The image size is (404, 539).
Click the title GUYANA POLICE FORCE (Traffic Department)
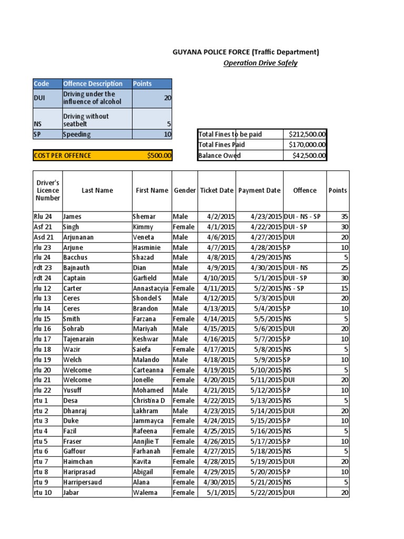(246, 52)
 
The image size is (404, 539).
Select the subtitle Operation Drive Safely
(260, 63)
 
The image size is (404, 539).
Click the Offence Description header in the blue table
(93, 84)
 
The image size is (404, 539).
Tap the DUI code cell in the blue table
(39, 97)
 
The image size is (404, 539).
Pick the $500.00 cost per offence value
(159, 155)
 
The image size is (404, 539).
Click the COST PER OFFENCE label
(62, 155)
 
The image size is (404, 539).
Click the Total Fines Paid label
(221, 145)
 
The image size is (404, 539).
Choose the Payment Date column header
(259, 191)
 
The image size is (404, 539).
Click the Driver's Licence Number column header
(48, 191)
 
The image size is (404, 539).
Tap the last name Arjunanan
(78, 237)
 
